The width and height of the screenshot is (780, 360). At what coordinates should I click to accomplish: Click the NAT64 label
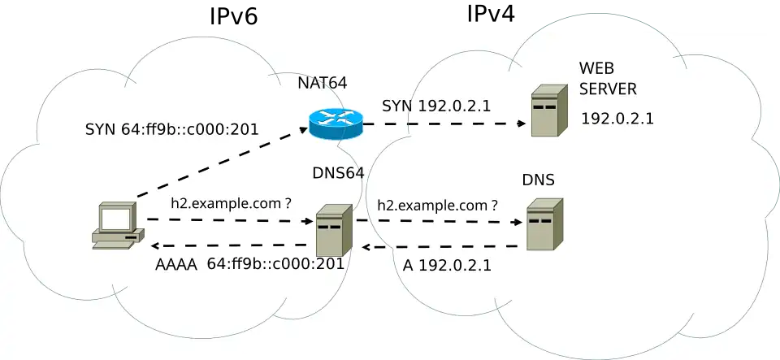click(323, 82)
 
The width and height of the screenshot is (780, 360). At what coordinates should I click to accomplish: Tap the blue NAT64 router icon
click(335, 124)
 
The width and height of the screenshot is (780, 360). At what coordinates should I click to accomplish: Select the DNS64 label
click(338, 173)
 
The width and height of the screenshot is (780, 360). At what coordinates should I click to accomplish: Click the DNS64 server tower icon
click(334, 230)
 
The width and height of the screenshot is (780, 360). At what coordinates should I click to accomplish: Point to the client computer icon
click(117, 227)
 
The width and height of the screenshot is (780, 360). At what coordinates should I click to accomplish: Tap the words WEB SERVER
click(608, 78)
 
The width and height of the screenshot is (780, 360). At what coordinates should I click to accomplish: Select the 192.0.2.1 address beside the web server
click(617, 119)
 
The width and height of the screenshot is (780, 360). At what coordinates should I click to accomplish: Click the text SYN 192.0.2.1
click(436, 106)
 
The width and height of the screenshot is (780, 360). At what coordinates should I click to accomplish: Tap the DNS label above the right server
click(539, 180)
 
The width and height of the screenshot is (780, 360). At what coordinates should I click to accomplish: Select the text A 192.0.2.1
click(447, 266)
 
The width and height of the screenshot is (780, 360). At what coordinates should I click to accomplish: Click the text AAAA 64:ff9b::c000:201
click(249, 264)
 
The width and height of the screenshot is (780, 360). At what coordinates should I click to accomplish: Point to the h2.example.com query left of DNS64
click(231, 204)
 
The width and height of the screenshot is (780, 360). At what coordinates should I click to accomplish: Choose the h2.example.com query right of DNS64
click(438, 206)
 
